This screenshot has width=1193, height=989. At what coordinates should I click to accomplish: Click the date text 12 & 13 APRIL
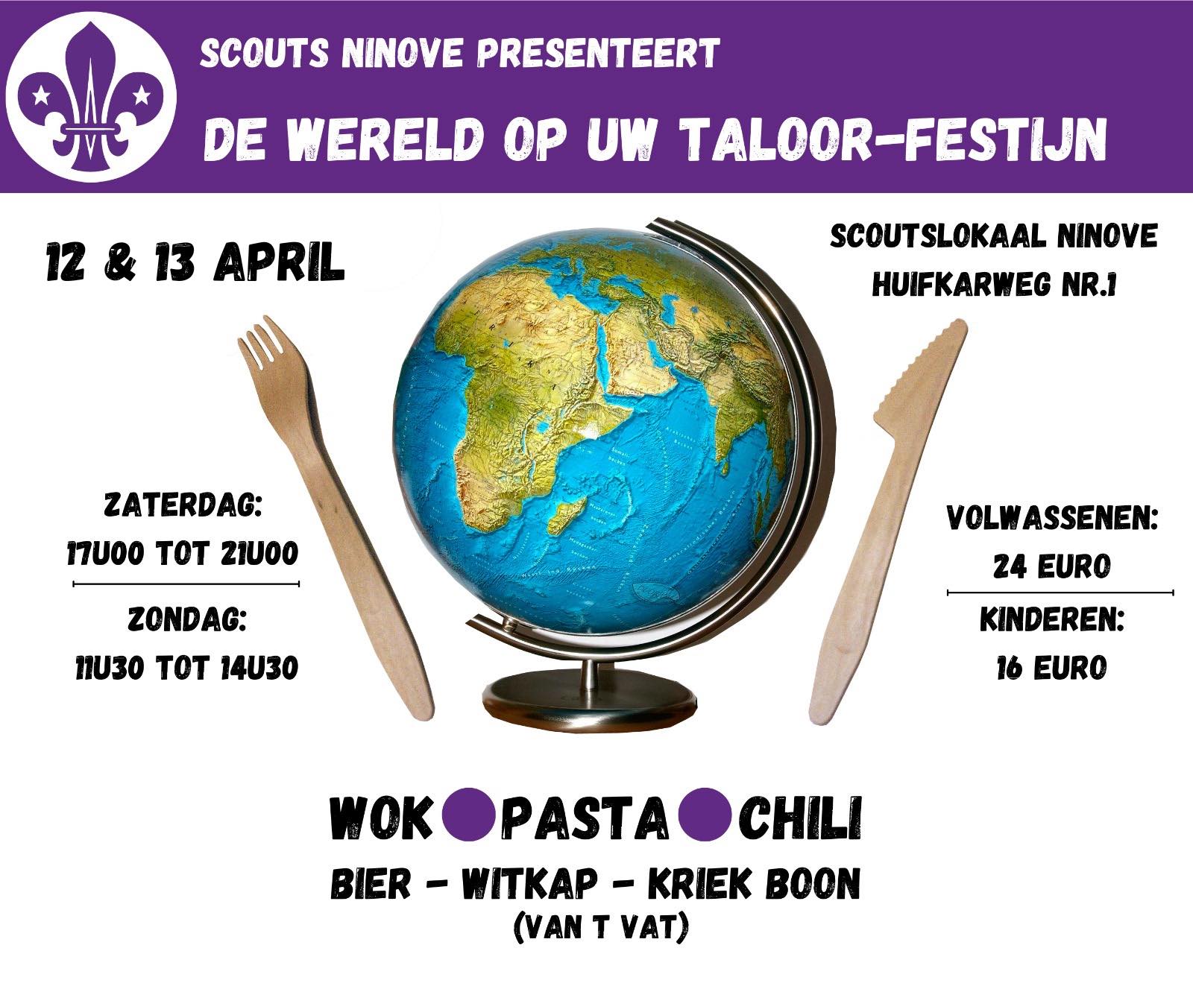coord(195,262)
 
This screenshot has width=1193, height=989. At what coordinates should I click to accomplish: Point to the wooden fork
coord(333,514)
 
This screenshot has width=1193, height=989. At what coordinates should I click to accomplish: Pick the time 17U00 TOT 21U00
coord(183,553)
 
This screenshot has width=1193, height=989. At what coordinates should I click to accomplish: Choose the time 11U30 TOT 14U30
coord(186,668)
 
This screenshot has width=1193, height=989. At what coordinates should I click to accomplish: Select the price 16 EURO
coord(1051,668)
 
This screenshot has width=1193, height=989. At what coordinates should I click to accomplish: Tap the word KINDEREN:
coord(1052,619)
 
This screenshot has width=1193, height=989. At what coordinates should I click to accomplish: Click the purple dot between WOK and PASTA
coord(468,815)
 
